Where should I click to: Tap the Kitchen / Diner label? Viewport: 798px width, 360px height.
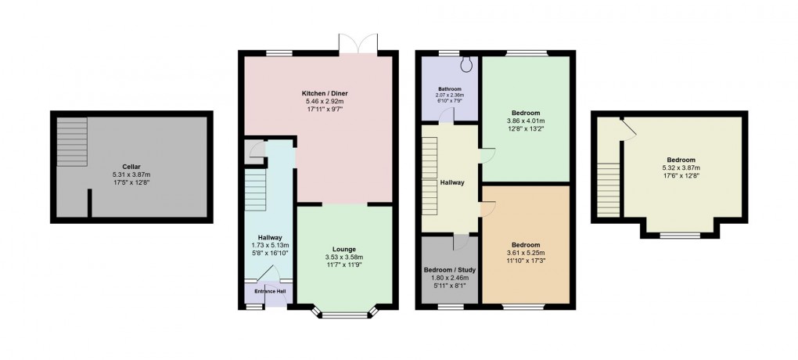(x=317, y=92)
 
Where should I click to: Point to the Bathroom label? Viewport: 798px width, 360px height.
(x=449, y=88)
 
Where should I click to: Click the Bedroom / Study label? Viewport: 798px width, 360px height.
(x=449, y=270)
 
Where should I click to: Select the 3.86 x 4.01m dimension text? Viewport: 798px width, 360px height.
(x=525, y=121)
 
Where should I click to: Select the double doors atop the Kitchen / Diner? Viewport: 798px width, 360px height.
(x=358, y=44)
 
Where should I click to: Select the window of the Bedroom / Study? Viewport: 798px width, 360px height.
(x=449, y=308)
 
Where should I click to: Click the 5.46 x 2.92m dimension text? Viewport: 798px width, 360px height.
(x=317, y=101)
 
